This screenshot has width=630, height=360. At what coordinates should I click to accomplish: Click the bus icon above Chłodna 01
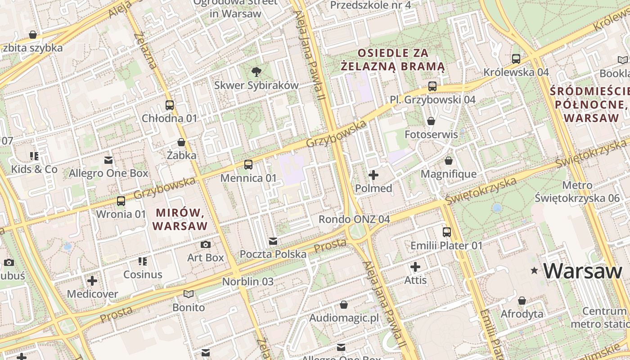tap(170, 105)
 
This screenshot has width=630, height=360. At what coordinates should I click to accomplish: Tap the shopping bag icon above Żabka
tap(181, 142)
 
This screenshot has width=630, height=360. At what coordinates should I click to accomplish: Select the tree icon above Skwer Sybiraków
tap(256, 71)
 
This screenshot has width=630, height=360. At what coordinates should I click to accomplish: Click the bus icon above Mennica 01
tap(248, 165)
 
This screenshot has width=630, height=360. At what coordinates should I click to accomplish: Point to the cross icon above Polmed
tap(373, 175)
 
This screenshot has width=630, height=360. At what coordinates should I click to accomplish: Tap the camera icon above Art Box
tap(206, 244)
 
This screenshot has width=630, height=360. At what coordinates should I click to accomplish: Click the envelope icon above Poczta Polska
tap(273, 241)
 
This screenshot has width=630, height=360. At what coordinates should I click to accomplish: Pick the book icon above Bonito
tap(189, 294)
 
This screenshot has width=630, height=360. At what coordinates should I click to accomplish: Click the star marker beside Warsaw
tap(535, 270)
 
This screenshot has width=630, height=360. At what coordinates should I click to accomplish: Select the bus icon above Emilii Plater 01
tap(447, 232)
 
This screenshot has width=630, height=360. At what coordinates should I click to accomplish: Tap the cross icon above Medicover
tap(92, 281)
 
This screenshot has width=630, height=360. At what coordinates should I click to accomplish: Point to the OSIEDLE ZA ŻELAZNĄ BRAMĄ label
tap(393, 60)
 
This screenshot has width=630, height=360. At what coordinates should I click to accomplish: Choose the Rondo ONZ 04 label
tap(354, 219)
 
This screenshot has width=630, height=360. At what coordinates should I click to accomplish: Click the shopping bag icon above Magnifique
tap(449, 161)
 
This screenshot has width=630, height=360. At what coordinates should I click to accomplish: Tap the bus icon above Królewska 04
tap(516, 59)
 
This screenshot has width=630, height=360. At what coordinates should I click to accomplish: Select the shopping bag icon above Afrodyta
tap(522, 301)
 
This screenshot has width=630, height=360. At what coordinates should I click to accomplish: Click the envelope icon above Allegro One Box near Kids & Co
tap(108, 160)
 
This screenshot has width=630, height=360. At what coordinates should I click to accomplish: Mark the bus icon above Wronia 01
tap(121, 201)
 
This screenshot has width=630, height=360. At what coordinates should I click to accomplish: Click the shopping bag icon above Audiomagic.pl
tap(344, 305)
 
